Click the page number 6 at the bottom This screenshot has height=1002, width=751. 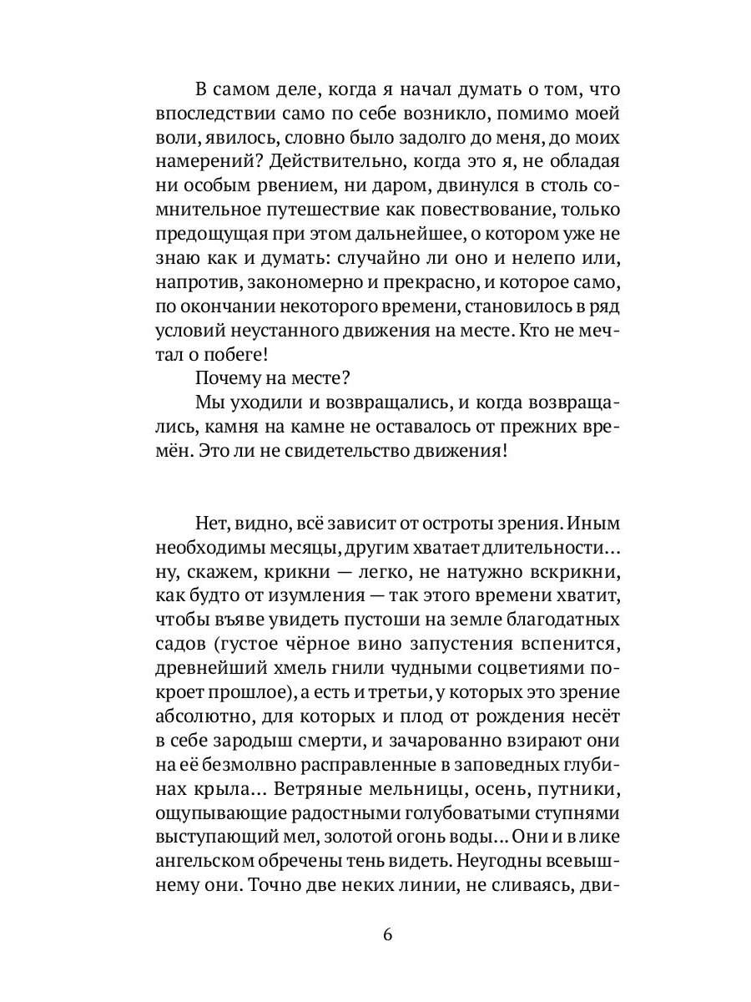[386, 934]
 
